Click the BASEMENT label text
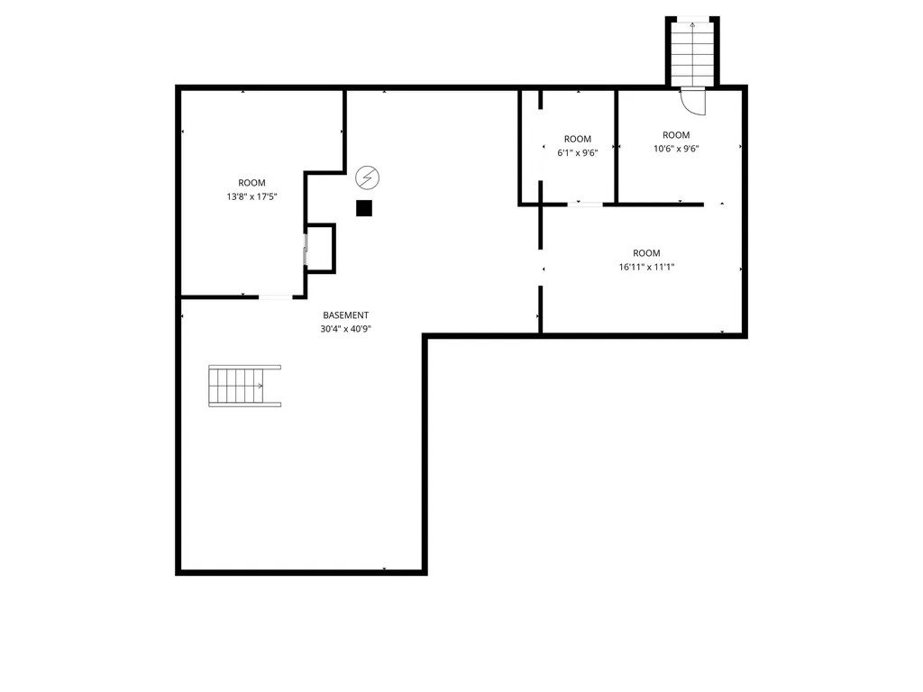pyautogui.click(x=345, y=315)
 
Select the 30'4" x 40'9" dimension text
pyautogui.click(x=345, y=329)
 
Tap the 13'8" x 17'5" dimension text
pyautogui.click(x=252, y=196)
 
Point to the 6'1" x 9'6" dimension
pyautogui.click(x=578, y=153)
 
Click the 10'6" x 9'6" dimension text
pyautogui.click(x=676, y=149)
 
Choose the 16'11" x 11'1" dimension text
pyautogui.click(x=646, y=267)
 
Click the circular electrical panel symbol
pyautogui.click(x=368, y=178)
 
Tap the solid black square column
pyautogui.click(x=364, y=208)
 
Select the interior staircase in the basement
pyautogui.click(x=244, y=386)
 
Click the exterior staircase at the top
pyautogui.click(x=692, y=53)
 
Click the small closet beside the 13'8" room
pyautogui.click(x=320, y=249)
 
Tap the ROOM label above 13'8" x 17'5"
pyautogui.click(x=252, y=183)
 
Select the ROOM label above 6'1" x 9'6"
pyautogui.click(x=578, y=140)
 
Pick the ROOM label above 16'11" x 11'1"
pyautogui.click(x=646, y=253)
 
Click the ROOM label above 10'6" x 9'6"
pyautogui.click(x=676, y=135)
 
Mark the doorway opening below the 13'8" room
pyautogui.click(x=276, y=297)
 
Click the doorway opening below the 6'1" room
pyautogui.click(x=585, y=205)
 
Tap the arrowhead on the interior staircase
pyautogui.click(x=260, y=386)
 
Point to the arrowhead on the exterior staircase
pyautogui.click(x=692, y=24)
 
